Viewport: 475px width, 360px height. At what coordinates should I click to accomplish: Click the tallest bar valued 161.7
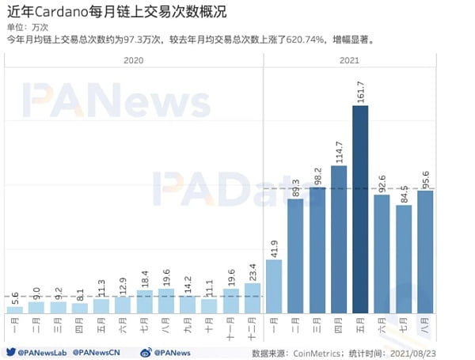click(360, 210)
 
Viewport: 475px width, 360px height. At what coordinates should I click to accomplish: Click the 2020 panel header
click(134, 60)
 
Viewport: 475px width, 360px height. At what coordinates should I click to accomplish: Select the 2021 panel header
click(349, 60)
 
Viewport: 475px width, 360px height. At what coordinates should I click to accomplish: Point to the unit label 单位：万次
click(28, 25)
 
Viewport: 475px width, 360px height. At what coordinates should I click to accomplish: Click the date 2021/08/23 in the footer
click(433, 352)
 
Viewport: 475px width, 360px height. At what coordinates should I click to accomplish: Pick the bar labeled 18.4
click(145, 301)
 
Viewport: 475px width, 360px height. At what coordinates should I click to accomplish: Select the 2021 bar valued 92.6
click(382, 254)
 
